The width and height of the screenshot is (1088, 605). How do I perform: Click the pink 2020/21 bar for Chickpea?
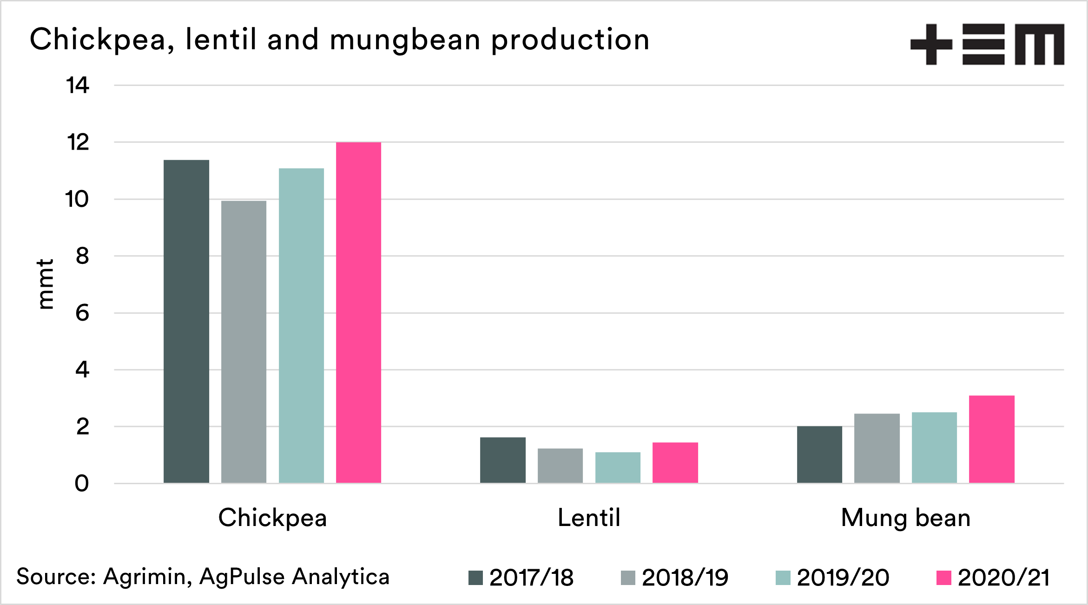pos(358,312)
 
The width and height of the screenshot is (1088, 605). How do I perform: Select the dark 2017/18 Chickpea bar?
pos(186,321)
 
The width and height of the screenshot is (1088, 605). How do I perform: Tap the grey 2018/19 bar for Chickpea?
pos(244,342)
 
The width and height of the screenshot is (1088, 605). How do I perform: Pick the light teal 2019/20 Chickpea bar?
pos(301,325)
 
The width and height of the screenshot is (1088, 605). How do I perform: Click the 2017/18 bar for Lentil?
pos(503,460)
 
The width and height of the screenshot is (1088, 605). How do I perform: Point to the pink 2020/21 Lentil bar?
pos(675,462)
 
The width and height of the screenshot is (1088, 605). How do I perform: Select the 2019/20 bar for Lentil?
pos(618,467)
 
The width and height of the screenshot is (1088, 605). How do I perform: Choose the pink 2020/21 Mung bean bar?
pos(992,439)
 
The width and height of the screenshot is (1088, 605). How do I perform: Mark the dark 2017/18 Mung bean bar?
pos(819,454)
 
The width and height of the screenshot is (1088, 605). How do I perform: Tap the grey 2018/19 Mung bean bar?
pos(877,448)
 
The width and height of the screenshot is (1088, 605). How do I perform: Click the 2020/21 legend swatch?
pos(944,578)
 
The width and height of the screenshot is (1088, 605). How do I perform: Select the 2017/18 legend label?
pos(531,578)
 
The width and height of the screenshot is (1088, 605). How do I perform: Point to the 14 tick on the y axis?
pos(78,85)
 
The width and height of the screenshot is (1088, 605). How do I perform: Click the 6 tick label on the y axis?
pos(82,313)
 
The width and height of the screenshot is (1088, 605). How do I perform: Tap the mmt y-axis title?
pos(46,284)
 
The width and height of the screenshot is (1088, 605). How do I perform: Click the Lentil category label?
pos(589,518)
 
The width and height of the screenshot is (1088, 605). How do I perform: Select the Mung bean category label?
pos(905,518)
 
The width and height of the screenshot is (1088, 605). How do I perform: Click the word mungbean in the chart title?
pos(405,41)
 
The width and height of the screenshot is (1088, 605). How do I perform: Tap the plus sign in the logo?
pos(931,44)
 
